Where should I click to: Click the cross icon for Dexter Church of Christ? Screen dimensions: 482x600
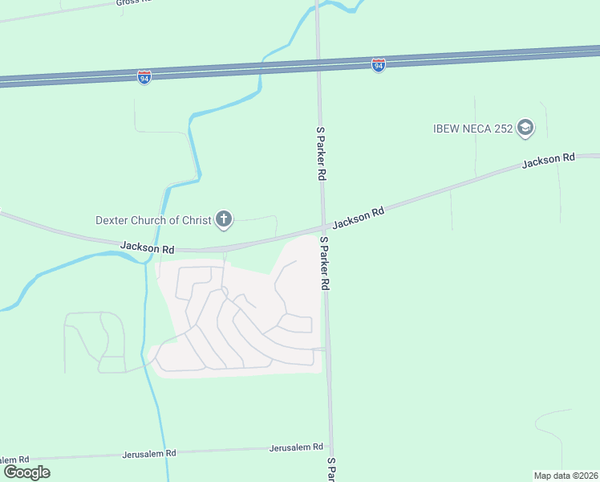pos(224,219)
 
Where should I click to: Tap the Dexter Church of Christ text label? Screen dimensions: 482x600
pos(152,219)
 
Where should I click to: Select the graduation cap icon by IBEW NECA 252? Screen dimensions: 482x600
pos(525,128)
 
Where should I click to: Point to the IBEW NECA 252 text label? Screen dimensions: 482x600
pos(472,128)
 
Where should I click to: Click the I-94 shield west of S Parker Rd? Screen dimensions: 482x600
pos(144,78)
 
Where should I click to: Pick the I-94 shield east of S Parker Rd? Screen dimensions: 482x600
pos(379,64)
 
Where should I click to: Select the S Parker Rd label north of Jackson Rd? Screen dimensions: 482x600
pos(321,152)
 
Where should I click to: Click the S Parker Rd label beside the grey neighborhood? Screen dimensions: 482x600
pos(325,263)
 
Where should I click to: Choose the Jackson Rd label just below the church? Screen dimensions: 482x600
pos(148,250)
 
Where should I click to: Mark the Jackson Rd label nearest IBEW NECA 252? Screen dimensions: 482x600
pos(548,161)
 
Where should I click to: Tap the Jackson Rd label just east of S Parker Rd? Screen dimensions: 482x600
pos(359,217)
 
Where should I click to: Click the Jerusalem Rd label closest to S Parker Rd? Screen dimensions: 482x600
pos(296,447)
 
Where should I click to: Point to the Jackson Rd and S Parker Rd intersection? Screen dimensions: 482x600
pos(323,226)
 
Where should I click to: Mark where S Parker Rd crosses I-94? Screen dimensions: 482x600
pos(318,63)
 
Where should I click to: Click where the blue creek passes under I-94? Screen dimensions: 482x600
pos(261,68)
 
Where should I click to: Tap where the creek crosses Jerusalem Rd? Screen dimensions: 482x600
pos(164,452)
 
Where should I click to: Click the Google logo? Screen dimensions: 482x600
pos(26,472)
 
